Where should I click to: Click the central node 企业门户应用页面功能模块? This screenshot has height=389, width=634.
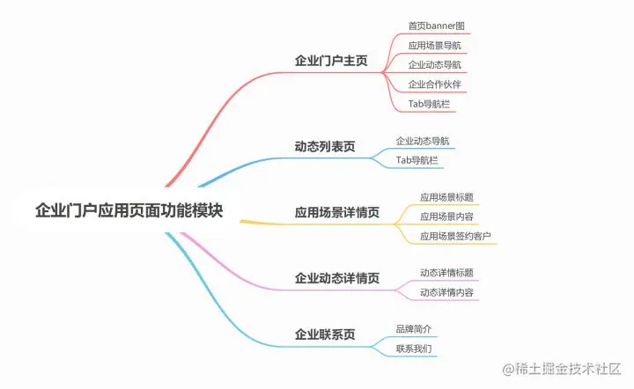129,211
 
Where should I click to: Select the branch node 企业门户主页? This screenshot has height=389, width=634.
331,62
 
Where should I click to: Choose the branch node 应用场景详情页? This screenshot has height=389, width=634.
337,212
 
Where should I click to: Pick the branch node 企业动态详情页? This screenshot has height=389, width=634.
337,278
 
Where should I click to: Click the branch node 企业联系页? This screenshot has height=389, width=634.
325,334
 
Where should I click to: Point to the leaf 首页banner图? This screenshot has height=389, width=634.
436,26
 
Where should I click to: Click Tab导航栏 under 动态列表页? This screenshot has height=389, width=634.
417,159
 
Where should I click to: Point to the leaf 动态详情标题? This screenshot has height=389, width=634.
447,272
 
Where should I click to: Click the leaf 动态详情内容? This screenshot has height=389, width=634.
447,291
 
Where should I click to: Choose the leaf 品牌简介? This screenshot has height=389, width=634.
414,329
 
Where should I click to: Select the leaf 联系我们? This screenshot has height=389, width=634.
414,349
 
